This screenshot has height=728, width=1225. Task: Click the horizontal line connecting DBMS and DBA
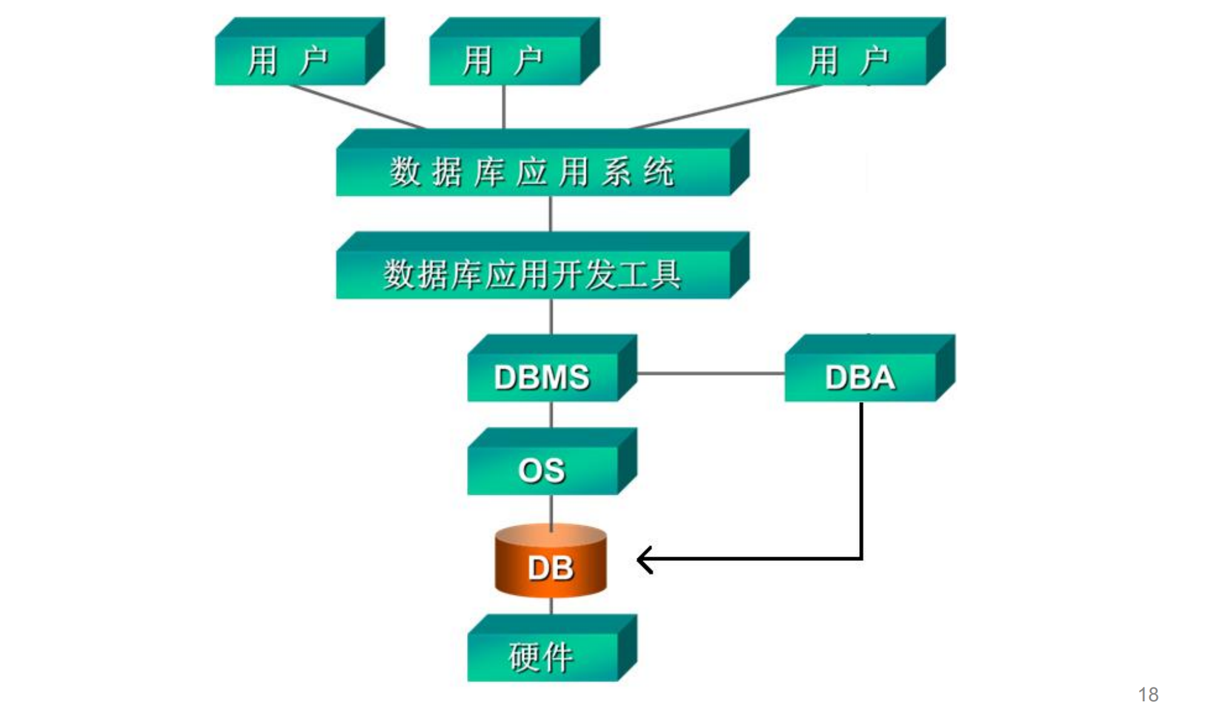pos(710,373)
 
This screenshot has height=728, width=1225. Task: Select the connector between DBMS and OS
pos(551,415)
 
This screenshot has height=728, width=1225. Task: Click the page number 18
pos(1148,694)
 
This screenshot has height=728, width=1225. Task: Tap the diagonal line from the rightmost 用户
pos(727,107)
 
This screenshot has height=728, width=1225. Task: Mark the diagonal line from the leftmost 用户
pos(357,107)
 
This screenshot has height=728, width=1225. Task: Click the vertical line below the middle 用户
pos(503,107)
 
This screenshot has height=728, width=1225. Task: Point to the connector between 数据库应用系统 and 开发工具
pos(550,213)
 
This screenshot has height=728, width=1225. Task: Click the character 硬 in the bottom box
pos(524,657)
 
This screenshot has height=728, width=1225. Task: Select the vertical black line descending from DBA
pos(861,478)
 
